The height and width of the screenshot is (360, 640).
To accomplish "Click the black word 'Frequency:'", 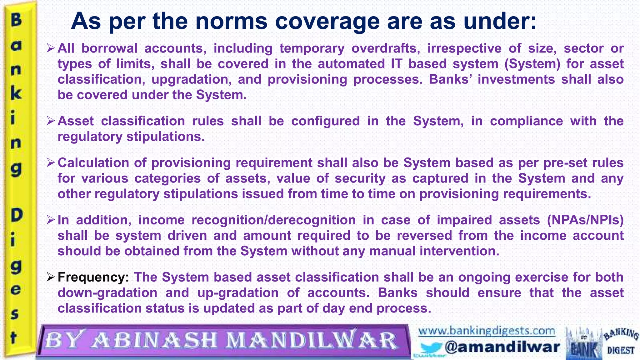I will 93,277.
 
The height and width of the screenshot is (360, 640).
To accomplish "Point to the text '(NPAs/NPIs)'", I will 585,220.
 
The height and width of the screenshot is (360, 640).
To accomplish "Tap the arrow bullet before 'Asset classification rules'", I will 51,121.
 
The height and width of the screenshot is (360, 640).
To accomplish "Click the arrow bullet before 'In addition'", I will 51,220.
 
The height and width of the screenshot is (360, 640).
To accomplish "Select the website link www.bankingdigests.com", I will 487,331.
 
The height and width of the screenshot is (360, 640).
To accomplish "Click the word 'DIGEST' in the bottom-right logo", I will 621,350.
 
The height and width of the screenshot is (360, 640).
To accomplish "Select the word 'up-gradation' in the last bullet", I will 238,293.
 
